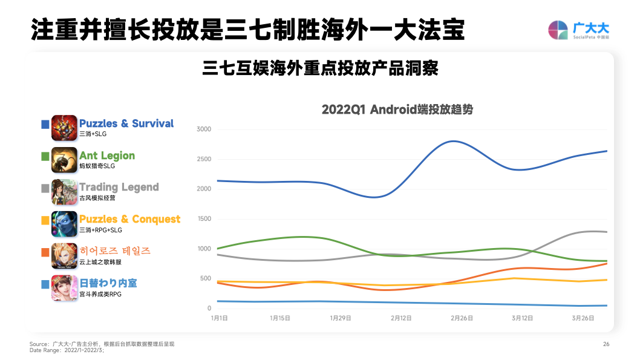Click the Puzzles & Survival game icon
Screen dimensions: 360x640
pyautogui.click(x=64, y=128)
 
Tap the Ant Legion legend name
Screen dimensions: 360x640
pyautogui.click(x=106, y=155)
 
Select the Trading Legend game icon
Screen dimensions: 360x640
pyautogui.click(x=64, y=192)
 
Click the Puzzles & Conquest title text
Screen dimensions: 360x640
pyautogui.click(x=129, y=219)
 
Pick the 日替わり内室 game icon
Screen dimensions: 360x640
pyautogui.click(x=64, y=287)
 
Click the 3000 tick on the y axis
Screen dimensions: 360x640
pyautogui.click(x=204, y=129)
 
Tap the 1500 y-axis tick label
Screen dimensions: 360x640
pyautogui.click(x=204, y=219)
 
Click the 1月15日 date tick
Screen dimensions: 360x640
pyautogui.click(x=280, y=318)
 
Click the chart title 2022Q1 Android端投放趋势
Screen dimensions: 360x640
pyautogui.click(x=397, y=110)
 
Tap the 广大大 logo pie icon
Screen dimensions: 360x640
pyautogui.click(x=558, y=30)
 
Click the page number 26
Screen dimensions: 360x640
pyautogui.click(x=606, y=344)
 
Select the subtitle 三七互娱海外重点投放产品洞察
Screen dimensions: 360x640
pyautogui.click(x=320, y=68)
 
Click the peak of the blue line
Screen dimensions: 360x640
pyautogui.click(x=454, y=141)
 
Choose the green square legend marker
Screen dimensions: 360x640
pyautogui.click(x=45, y=157)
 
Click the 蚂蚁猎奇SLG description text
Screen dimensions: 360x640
pyautogui.click(x=97, y=166)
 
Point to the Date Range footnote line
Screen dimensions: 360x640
pyautogui.click(x=67, y=350)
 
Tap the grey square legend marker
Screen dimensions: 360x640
pyautogui.click(x=45, y=188)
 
